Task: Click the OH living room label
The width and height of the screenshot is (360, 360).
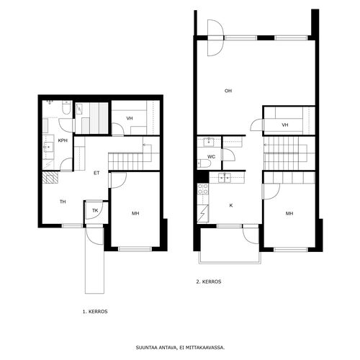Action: point(228,91)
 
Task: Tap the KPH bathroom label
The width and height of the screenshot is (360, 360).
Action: point(63,140)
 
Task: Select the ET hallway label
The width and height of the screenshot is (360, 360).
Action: point(96,173)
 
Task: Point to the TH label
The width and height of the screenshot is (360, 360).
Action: point(63,202)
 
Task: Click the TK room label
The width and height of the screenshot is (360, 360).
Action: point(95,210)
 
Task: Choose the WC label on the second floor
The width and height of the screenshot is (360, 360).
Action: point(211,157)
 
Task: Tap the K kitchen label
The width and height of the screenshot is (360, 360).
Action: point(231,205)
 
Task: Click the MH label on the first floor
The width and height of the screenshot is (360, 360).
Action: point(135,213)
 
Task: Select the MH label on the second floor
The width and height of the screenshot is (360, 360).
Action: point(289,213)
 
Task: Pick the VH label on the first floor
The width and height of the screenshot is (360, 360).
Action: point(130,118)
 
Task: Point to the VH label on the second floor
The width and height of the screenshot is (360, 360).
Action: point(285,125)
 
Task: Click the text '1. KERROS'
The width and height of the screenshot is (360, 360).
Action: point(95,312)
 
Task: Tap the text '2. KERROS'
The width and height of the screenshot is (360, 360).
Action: point(209,282)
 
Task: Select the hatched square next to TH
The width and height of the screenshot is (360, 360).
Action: point(50,178)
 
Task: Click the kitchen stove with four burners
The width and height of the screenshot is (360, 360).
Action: point(203,189)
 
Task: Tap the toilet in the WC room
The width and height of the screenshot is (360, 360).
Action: point(204,163)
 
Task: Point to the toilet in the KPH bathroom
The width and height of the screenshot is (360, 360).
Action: point(66,107)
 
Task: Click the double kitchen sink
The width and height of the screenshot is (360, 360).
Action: point(225,178)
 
